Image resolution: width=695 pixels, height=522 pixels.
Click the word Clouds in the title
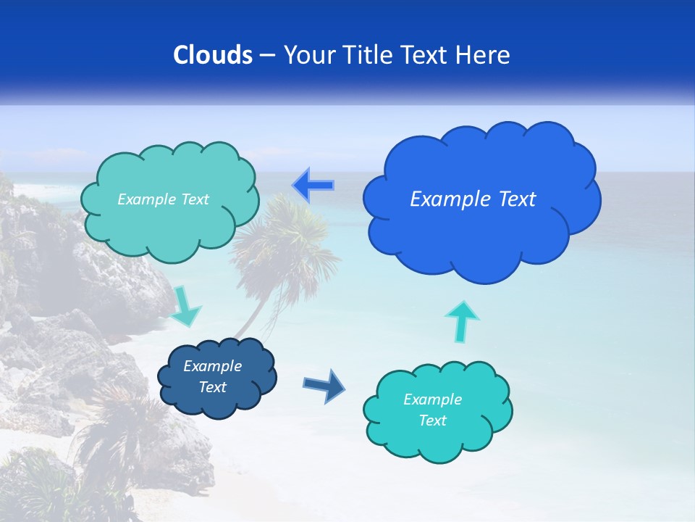[212, 55]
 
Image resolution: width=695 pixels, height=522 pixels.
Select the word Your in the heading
[310, 55]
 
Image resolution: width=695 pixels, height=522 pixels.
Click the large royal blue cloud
[481, 232]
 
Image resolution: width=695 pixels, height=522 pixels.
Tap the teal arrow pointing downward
[185, 307]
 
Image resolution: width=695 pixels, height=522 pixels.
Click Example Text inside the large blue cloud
[473, 199]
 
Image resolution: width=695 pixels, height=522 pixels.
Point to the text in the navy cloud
[213, 377]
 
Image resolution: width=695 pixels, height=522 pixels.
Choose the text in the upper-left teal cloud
[163, 199]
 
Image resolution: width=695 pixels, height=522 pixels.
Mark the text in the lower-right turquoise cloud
[432, 410]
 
